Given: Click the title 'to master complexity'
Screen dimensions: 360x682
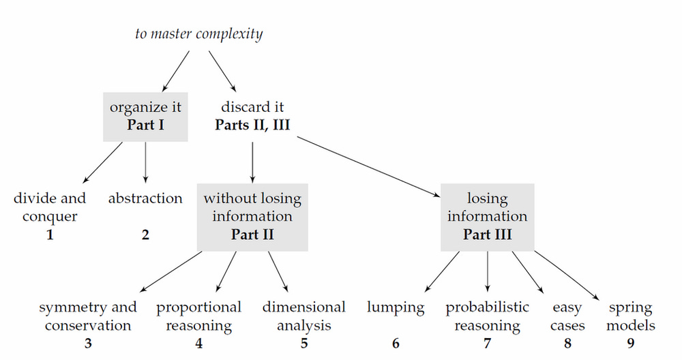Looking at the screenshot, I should tap(198, 33).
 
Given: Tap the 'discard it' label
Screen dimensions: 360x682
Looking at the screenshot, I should tap(252, 107).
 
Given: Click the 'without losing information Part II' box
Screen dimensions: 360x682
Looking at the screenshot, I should tap(252, 216).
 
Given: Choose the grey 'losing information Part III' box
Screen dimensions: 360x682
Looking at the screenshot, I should tap(487, 216).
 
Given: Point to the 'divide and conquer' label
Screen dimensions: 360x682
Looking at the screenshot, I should tap(50, 207).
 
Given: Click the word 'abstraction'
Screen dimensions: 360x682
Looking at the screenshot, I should tap(145, 198).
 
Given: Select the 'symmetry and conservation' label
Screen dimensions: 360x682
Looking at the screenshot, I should tap(88, 316).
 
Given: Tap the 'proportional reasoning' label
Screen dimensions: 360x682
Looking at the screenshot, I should tap(198, 316).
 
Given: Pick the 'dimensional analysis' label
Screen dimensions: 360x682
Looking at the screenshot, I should tap(304, 316).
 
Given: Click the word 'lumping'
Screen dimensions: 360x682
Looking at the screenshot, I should tap(396, 307).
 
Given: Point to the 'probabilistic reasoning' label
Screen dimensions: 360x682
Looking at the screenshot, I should tap(487, 316).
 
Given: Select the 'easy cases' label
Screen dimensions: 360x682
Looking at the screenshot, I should tap(567, 316).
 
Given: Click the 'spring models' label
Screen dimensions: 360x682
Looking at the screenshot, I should tap(631, 316).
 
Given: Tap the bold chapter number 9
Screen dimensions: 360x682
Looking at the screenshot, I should tap(631, 344).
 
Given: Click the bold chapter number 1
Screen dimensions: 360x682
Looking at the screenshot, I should tap(50, 235).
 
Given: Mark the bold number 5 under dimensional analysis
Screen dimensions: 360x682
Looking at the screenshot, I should tap(304, 344).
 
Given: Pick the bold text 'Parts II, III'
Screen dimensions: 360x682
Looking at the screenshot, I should tap(252, 125).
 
